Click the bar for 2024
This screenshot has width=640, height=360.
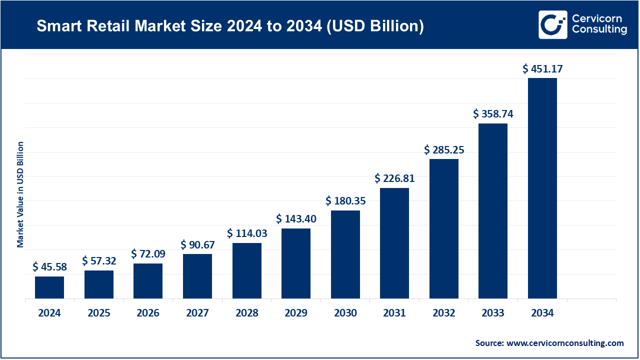(x=49, y=287)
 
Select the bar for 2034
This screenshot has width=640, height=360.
(x=542, y=188)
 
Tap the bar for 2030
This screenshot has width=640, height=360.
(x=345, y=254)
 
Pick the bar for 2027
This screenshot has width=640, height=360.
(x=197, y=276)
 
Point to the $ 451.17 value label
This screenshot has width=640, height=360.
(x=542, y=69)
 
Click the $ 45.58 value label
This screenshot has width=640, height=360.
(x=49, y=267)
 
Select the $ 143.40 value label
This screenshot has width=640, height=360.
(x=296, y=219)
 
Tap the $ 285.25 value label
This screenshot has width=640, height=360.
(x=444, y=149)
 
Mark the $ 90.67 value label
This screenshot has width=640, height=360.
(x=197, y=244)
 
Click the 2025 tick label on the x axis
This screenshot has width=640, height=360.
(x=99, y=313)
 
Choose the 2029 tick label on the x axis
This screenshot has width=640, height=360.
(x=296, y=313)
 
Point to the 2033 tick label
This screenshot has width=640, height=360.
(x=493, y=313)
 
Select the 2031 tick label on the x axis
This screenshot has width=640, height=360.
(x=394, y=313)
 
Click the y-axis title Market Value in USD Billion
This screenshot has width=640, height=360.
(x=20, y=194)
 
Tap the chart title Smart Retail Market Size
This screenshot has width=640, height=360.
(x=230, y=26)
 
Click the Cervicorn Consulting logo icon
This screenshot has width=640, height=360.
(x=552, y=24)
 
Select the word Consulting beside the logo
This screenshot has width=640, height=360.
(x=599, y=30)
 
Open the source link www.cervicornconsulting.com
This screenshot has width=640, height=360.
(x=565, y=343)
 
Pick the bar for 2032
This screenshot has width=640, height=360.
(x=444, y=229)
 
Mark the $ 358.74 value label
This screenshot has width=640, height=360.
(x=493, y=114)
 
